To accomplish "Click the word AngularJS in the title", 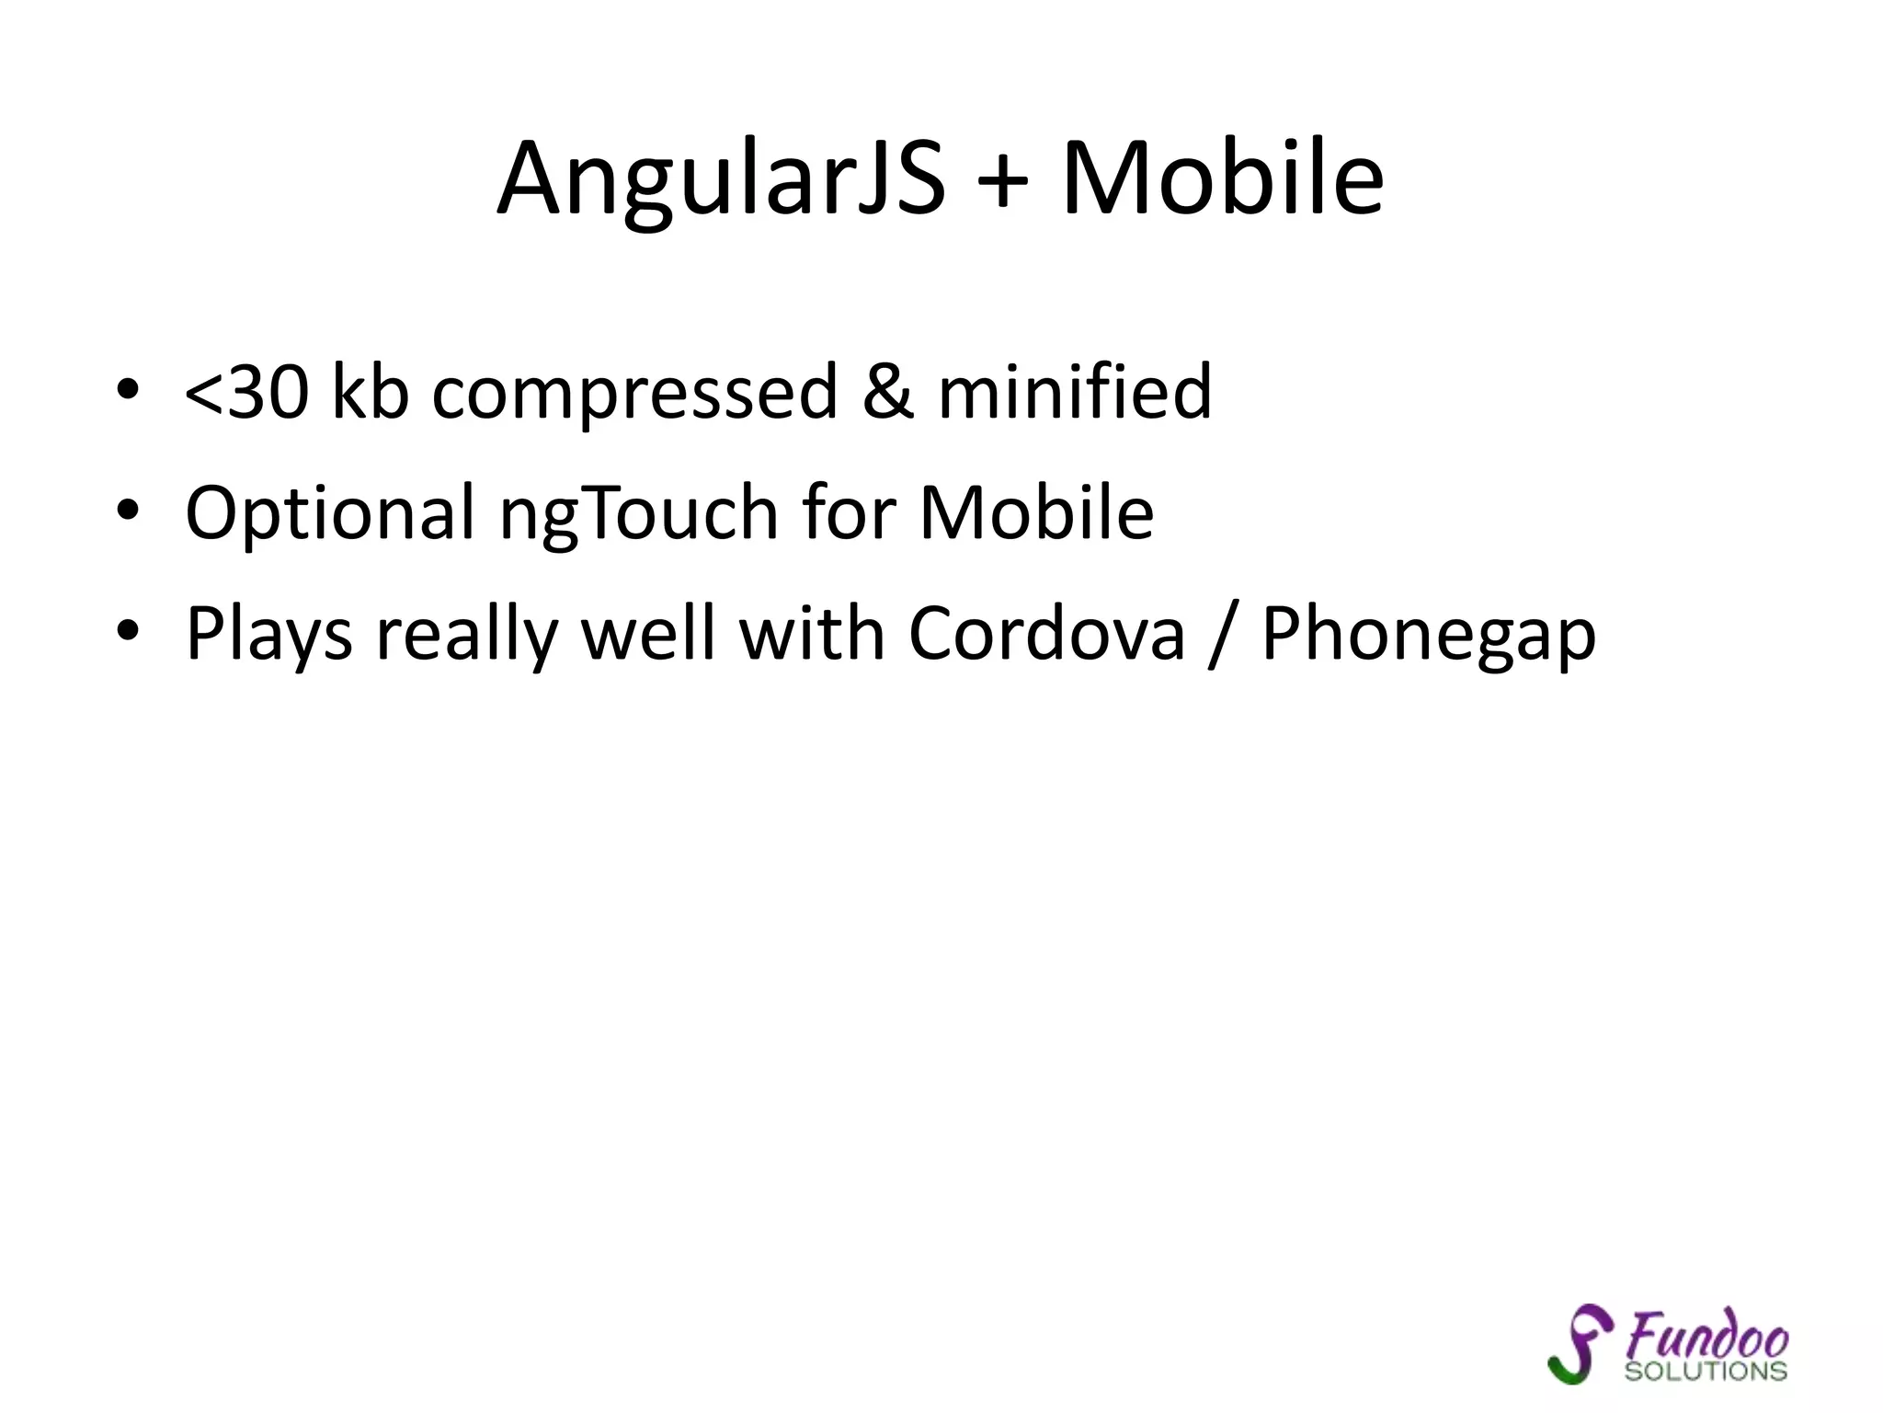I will pyautogui.click(x=721, y=179).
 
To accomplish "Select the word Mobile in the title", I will pyautogui.click(x=1222, y=179).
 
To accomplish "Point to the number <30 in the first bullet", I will pyautogui.click(x=246, y=392).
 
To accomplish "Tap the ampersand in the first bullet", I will pyautogui.click(x=888, y=392).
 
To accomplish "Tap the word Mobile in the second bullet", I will pyautogui.click(x=1036, y=512).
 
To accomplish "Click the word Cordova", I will pyautogui.click(x=1047, y=634).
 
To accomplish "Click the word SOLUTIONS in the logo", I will pyautogui.click(x=1706, y=1372).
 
